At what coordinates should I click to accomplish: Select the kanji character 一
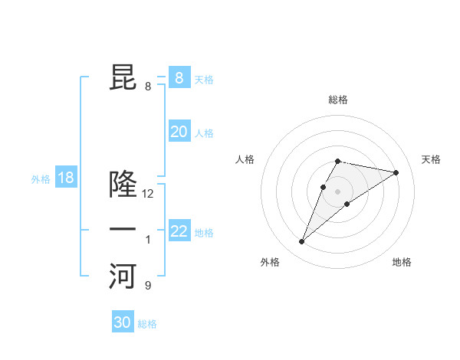click(x=123, y=230)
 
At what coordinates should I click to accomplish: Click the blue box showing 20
click(x=179, y=132)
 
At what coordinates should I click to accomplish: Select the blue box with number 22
click(x=179, y=231)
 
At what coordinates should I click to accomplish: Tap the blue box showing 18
click(x=66, y=178)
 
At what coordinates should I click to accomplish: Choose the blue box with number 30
click(x=123, y=322)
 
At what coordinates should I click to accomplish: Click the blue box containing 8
click(x=179, y=77)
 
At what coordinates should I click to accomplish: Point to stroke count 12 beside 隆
click(x=148, y=194)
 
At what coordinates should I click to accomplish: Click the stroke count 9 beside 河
click(x=148, y=286)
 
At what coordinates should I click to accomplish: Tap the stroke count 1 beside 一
click(x=148, y=240)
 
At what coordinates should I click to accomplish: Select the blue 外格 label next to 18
click(x=41, y=179)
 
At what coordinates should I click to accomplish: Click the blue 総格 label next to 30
click(x=147, y=324)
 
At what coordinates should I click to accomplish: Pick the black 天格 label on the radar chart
click(x=431, y=159)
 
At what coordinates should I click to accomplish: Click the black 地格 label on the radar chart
click(x=402, y=262)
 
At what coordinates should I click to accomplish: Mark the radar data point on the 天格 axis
click(x=396, y=172)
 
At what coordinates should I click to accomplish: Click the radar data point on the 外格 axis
click(x=301, y=242)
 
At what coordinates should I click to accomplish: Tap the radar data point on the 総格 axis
click(x=337, y=161)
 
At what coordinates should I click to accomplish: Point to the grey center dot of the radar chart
click(x=337, y=191)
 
